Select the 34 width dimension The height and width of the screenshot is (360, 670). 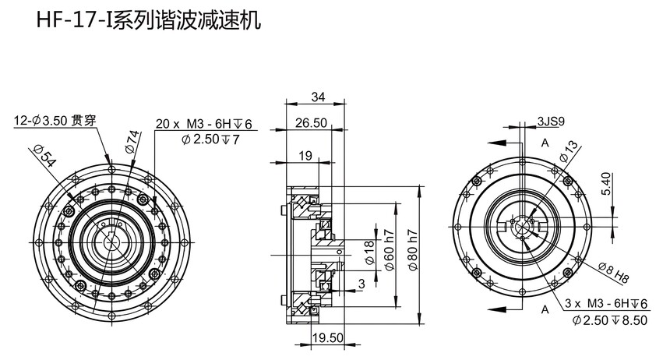tap(318, 97)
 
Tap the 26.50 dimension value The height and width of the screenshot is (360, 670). tap(311, 123)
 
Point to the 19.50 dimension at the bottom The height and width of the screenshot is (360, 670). tap(328, 337)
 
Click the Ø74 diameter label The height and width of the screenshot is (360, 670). tap(132, 142)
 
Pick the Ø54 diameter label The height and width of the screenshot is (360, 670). tap(44, 156)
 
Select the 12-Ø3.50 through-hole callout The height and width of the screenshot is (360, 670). tap(55, 120)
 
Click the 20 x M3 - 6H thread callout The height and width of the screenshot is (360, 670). tap(204, 124)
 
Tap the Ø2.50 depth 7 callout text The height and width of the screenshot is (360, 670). tap(210, 139)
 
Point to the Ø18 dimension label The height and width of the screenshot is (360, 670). tap(369, 252)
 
